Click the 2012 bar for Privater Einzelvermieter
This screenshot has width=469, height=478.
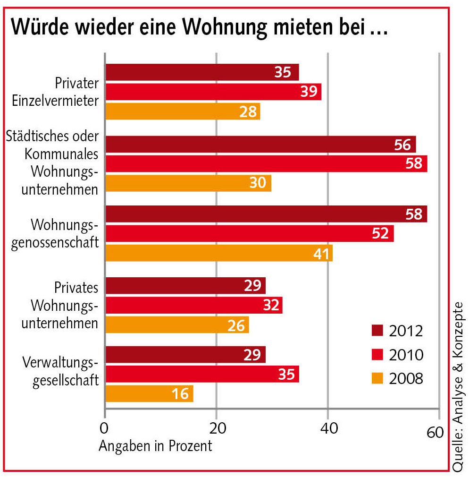[202, 72]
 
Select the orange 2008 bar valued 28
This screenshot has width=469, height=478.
[183, 111]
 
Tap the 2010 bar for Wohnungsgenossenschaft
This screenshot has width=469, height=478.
[249, 233]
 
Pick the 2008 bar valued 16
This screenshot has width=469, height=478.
[149, 393]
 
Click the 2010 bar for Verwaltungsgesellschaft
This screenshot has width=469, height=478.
[202, 374]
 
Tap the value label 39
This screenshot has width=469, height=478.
[310, 92]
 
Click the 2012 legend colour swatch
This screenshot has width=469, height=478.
[378, 331]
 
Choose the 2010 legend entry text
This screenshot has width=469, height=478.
[406, 354]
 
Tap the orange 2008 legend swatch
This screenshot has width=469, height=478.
[378, 378]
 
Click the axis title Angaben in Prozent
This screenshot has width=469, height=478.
[156, 445]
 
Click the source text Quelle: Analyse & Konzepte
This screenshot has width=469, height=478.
[457, 385]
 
